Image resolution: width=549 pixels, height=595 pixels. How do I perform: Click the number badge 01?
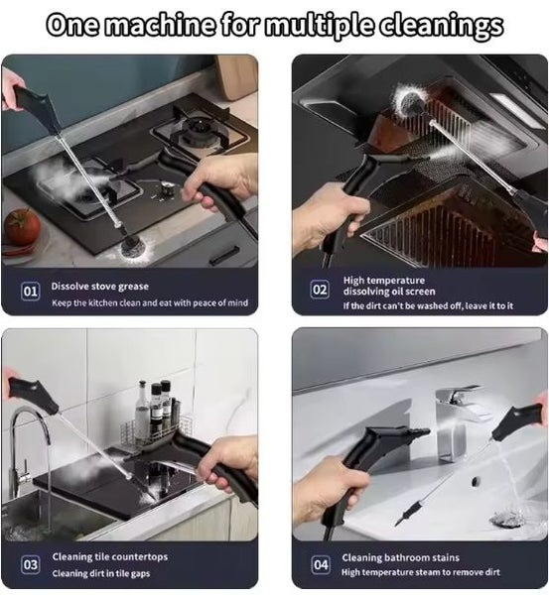click(x=31, y=293)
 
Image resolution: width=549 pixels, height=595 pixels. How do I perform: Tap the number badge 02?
click(x=320, y=291)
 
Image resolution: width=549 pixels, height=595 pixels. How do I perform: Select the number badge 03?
click(x=31, y=564)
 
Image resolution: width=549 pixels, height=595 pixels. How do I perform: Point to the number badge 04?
click(x=321, y=564)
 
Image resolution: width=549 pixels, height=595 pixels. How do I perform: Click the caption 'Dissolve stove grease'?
click(x=100, y=286)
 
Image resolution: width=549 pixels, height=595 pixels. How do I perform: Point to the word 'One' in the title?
click(x=78, y=26)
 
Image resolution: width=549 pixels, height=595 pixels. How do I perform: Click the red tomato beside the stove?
click(x=21, y=227)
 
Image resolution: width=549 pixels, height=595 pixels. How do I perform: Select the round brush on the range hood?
click(x=409, y=99)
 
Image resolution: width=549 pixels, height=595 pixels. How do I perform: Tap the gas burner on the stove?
click(x=195, y=130)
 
